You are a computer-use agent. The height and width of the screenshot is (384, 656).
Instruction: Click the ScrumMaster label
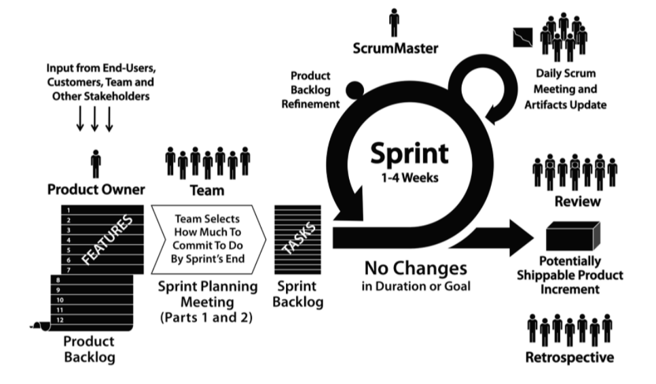tap(396, 48)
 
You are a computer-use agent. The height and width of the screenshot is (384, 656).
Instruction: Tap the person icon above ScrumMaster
tap(395, 22)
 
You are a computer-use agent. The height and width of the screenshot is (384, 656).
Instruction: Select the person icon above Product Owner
tap(96, 164)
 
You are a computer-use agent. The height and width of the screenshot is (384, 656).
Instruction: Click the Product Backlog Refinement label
tap(314, 88)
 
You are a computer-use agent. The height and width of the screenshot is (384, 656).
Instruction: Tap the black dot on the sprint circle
tap(354, 89)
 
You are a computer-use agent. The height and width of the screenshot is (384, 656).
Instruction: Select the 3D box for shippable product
tap(575, 237)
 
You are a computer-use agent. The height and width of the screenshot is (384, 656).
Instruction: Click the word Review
tap(577, 201)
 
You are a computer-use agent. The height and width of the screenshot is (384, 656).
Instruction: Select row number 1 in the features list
tap(69, 211)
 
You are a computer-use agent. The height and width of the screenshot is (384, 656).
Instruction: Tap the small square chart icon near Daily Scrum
tap(522, 37)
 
